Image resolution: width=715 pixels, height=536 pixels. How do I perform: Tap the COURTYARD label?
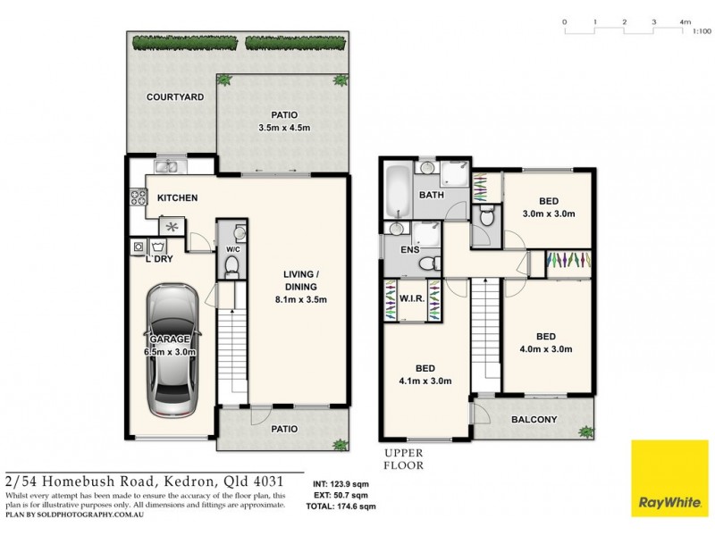tap(175, 96)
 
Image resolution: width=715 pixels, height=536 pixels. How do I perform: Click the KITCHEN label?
tap(177, 197)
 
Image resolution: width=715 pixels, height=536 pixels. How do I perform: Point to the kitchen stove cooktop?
tap(139, 196)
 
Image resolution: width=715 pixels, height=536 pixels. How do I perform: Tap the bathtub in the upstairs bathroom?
tap(397, 190)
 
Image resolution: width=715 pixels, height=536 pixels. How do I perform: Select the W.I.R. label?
tap(412, 299)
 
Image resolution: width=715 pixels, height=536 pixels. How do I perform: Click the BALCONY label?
tap(534, 420)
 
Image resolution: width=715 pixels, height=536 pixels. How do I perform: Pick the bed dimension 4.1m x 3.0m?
tap(425, 381)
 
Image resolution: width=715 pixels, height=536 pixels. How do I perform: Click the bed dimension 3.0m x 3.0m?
tap(548, 214)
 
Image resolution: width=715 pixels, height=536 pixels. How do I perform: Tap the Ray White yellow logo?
tap(669, 478)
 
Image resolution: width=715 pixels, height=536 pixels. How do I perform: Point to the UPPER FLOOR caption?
tap(402, 459)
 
